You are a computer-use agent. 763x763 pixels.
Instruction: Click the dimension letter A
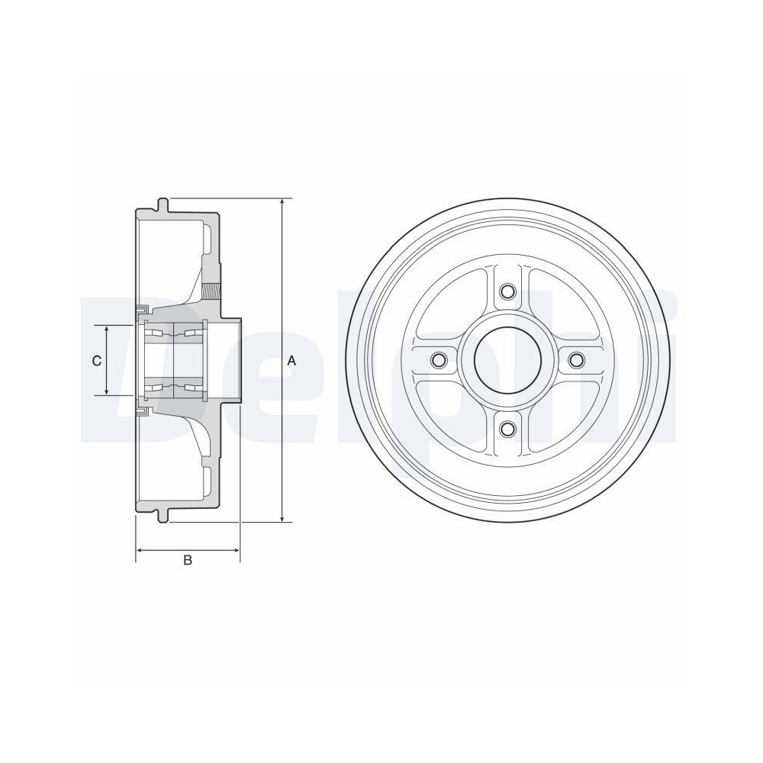[x=291, y=361]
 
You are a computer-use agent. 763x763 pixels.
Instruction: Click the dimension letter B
[x=187, y=561]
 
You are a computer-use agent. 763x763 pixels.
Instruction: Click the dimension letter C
[x=97, y=361]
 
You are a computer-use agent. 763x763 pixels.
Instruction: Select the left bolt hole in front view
[x=438, y=360]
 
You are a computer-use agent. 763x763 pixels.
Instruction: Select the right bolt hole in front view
[x=576, y=360]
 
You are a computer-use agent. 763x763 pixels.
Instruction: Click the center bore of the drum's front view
[x=507, y=360]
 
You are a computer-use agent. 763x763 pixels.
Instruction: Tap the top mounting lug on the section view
[x=163, y=204]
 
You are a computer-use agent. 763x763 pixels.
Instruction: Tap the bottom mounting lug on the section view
[x=163, y=517]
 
